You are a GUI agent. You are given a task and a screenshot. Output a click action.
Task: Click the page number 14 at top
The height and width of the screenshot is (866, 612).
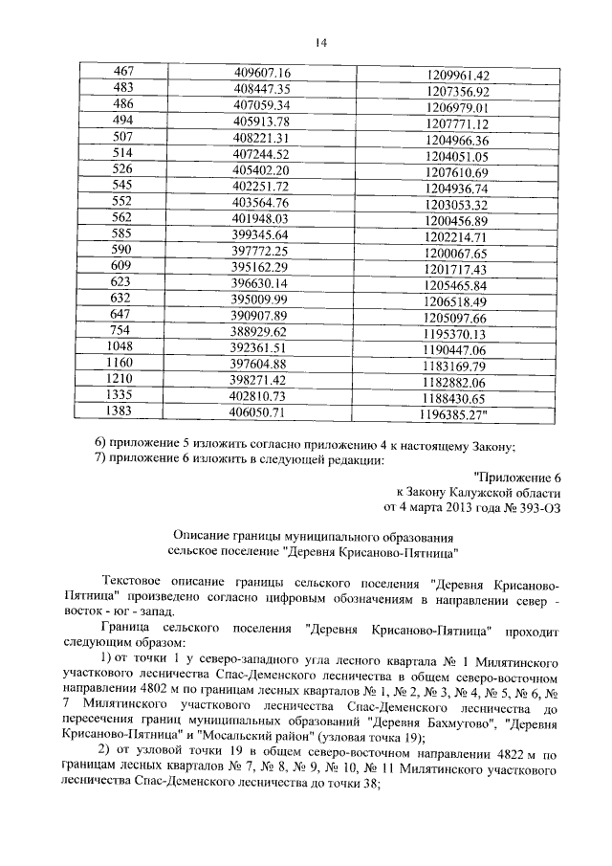pyautogui.click(x=320, y=42)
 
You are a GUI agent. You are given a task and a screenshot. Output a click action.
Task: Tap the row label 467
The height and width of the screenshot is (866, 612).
pyautogui.click(x=123, y=74)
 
